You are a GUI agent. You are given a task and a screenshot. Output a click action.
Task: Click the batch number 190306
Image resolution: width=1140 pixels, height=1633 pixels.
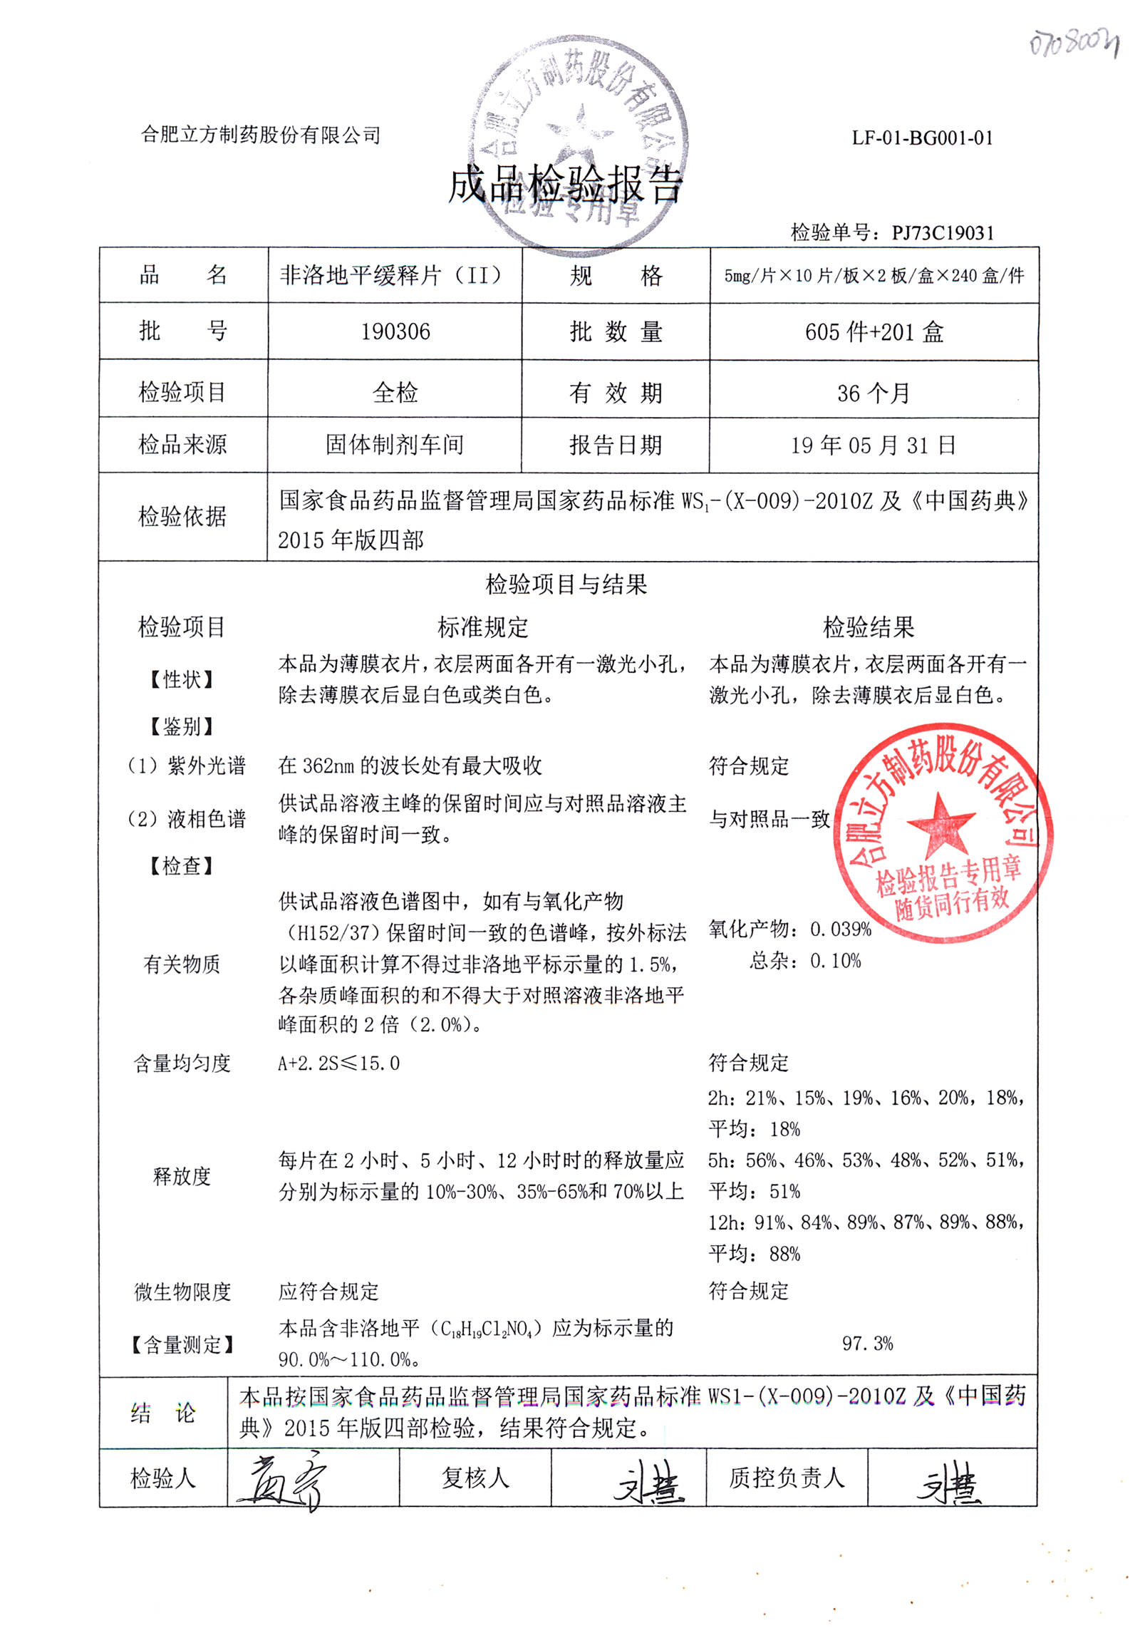(395, 332)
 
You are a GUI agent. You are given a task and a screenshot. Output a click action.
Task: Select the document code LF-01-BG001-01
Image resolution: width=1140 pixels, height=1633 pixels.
(922, 138)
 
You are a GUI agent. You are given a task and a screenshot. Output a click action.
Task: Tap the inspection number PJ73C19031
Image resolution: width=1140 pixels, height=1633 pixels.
(943, 233)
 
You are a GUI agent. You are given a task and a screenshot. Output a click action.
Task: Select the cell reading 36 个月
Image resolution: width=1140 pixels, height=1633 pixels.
(874, 393)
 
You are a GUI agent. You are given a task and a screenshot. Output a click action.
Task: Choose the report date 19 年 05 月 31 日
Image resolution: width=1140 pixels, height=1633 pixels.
(874, 445)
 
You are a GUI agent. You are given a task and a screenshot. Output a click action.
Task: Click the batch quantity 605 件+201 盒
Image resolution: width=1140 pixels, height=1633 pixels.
(874, 332)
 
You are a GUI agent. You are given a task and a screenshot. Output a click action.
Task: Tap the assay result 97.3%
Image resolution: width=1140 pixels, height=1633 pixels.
(867, 1344)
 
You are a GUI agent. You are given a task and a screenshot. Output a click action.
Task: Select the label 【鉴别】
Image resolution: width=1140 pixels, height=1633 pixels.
(182, 726)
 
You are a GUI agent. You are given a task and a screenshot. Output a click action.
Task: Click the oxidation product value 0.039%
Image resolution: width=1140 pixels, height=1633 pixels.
(841, 929)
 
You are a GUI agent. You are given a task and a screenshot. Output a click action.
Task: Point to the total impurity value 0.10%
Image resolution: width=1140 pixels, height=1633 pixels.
(835, 961)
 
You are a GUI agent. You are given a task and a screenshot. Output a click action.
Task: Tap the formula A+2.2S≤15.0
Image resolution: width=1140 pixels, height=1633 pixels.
(339, 1063)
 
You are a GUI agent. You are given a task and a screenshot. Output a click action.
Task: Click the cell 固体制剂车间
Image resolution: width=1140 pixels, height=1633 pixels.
(395, 445)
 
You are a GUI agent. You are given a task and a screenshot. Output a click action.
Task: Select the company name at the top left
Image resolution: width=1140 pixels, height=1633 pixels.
(261, 135)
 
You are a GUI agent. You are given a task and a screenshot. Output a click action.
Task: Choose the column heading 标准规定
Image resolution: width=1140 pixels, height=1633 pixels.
(482, 627)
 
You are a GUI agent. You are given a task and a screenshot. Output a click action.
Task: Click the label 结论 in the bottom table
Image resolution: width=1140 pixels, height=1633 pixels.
(163, 1413)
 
